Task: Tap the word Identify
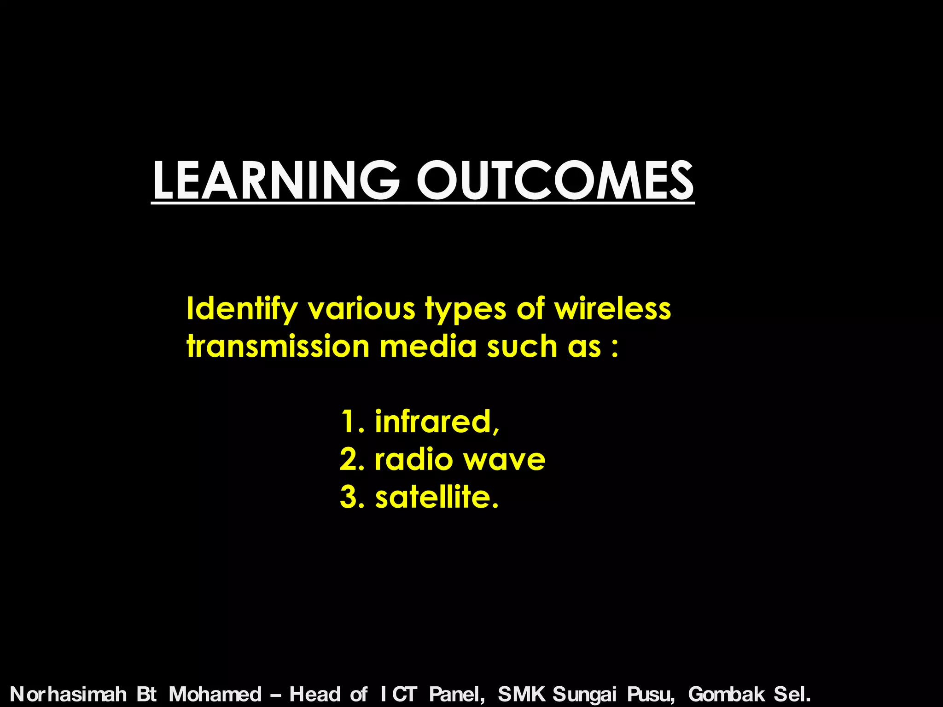pyautogui.click(x=242, y=309)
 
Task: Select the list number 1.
pyautogui.click(x=350, y=422)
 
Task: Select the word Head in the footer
pyautogui.click(x=315, y=694)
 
